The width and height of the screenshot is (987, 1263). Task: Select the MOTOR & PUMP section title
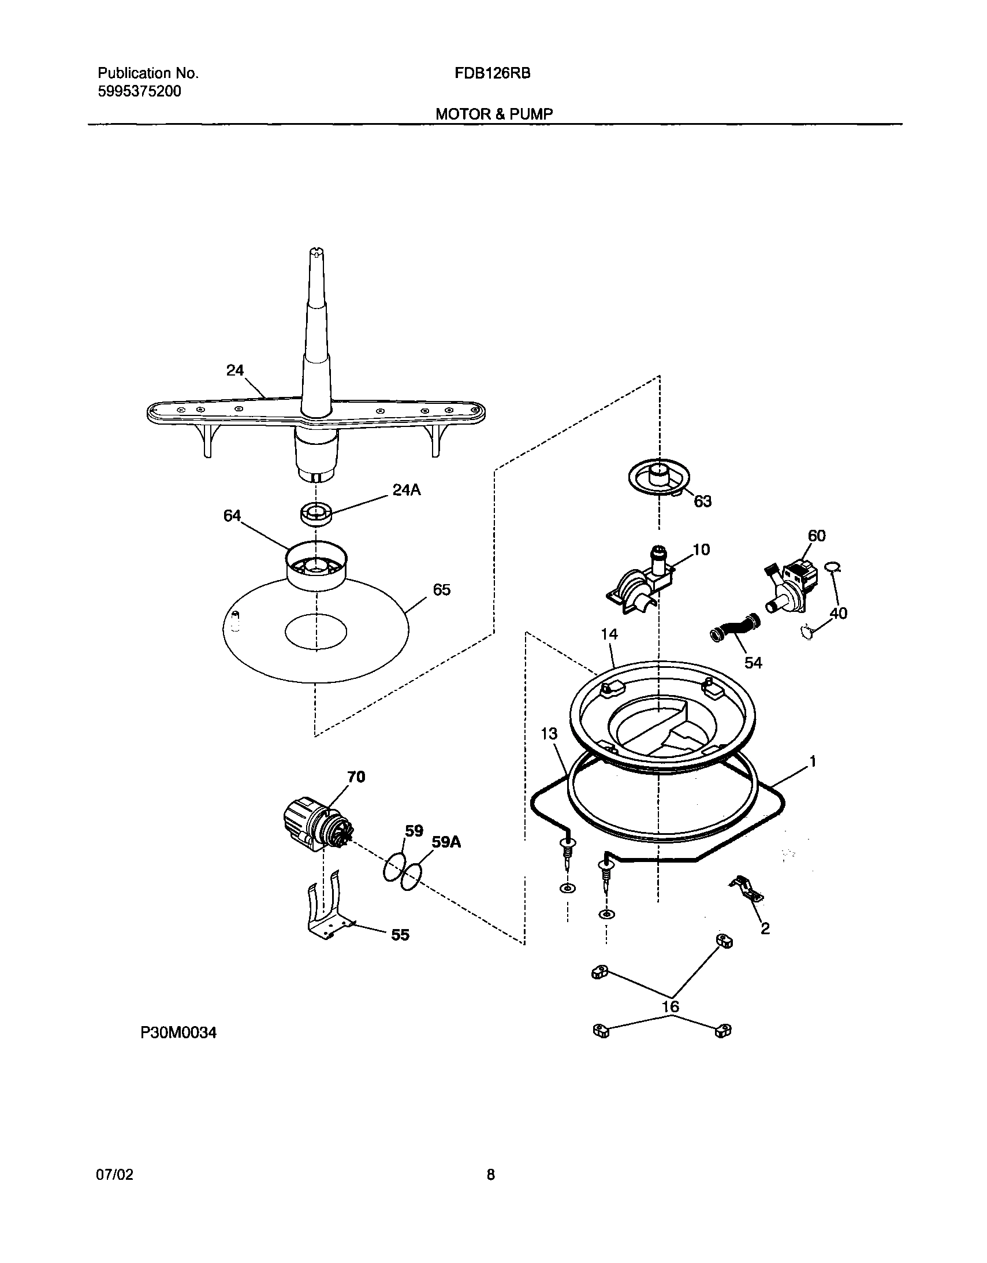pyautogui.click(x=494, y=114)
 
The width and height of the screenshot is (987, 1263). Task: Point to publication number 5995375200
pyautogui.click(x=139, y=91)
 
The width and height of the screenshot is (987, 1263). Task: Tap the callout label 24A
pyautogui.click(x=407, y=491)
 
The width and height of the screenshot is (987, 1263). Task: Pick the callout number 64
pyautogui.click(x=232, y=516)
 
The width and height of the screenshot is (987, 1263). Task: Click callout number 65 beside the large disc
pyautogui.click(x=441, y=590)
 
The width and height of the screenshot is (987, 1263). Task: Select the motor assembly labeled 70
pyautogui.click(x=315, y=824)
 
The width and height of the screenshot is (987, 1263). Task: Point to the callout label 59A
pyautogui.click(x=446, y=842)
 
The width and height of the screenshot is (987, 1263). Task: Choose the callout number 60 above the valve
pyautogui.click(x=817, y=536)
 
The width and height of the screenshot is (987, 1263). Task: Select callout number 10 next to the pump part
pyautogui.click(x=701, y=549)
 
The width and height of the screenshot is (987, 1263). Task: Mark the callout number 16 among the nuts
pyautogui.click(x=670, y=1007)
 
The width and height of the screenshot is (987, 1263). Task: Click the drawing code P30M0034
pyautogui.click(x=178, y=1033)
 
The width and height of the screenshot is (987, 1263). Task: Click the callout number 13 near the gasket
pyautogui.click(x=549, y=734)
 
